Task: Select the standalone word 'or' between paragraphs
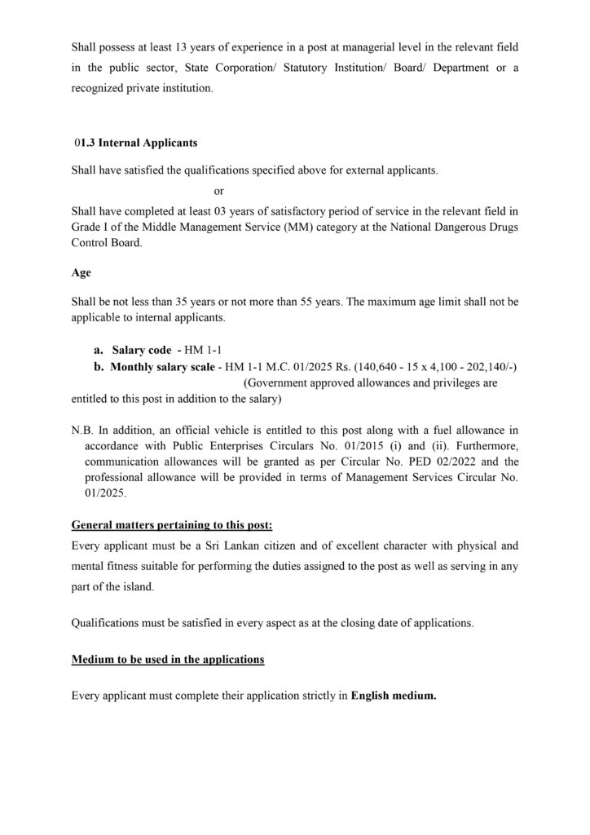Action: tap(218, 191)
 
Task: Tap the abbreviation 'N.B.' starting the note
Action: tap(83, 428)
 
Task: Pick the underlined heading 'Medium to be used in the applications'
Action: tap(168, 659)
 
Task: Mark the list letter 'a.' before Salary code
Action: tap(98, 349)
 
